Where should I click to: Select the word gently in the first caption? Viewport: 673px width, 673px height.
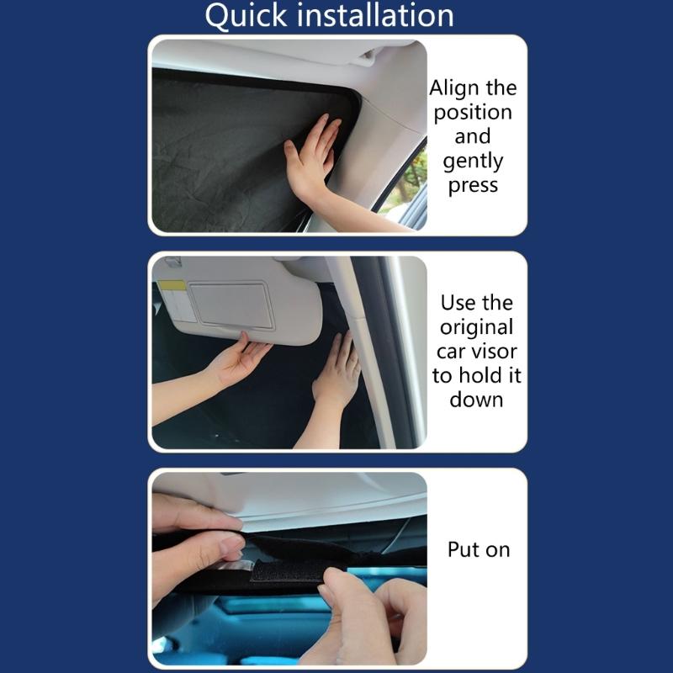[473, 161]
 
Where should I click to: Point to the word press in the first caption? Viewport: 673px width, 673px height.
[473, 185]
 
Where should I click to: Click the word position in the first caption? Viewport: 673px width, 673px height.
[473, 112]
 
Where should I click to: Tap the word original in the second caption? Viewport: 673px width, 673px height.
[476, 326]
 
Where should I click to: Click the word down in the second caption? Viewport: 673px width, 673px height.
[476, 399]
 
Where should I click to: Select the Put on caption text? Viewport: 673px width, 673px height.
[478, 550]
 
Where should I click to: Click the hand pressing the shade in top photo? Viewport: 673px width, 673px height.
[311, 156]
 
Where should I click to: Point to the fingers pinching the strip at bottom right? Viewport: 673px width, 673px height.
[370, 606]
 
